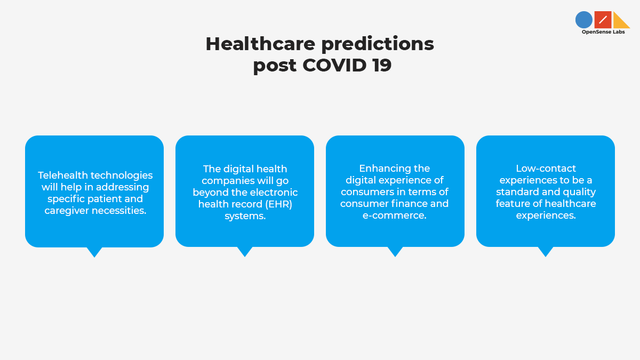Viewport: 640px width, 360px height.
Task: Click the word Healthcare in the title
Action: (x=260, y=44)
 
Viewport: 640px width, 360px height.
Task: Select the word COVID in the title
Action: (x=334, y=65)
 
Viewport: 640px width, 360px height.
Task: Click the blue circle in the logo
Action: (x=583, y=20)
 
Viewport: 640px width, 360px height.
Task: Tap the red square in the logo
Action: (x=603, y=20)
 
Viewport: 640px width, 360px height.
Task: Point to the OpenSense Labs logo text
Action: (x=603, y=32)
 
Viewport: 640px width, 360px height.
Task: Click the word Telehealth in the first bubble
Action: (x=63, y=175)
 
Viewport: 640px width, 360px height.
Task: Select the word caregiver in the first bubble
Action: (x=67, y=211)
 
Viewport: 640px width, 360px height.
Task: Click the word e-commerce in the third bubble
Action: (x=394, y=215)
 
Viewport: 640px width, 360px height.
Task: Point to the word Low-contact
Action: (x=546, y=169)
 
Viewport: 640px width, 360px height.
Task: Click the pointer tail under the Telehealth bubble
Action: (x=94, y=252)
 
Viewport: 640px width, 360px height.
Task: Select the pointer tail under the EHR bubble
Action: (x=245, y=251)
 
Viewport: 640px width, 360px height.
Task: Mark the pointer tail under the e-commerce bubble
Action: (x=395, y=251)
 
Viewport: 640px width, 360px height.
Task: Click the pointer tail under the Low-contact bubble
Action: (x=546, y=251)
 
